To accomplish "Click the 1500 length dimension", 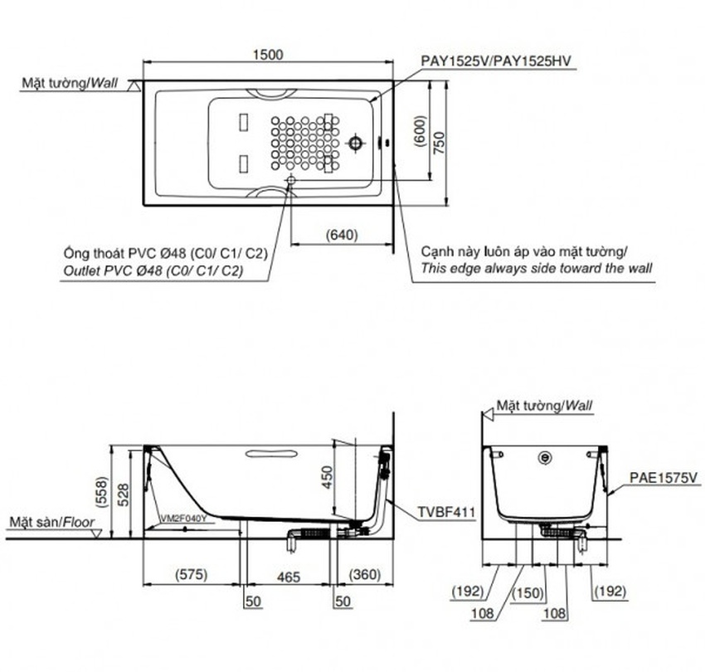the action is coord(268,55).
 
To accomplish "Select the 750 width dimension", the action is coord(440,143).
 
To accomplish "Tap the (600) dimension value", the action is coord(420,131).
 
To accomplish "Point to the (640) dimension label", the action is coord(343,235).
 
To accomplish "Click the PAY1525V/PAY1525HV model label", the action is coord(496,61).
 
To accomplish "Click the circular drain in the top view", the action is coord(356,144).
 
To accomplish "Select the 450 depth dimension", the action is coord(327,477).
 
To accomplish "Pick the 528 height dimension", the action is coord(123,494).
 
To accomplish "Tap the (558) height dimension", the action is coord(103,493).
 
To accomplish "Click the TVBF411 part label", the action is coord(446,512).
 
